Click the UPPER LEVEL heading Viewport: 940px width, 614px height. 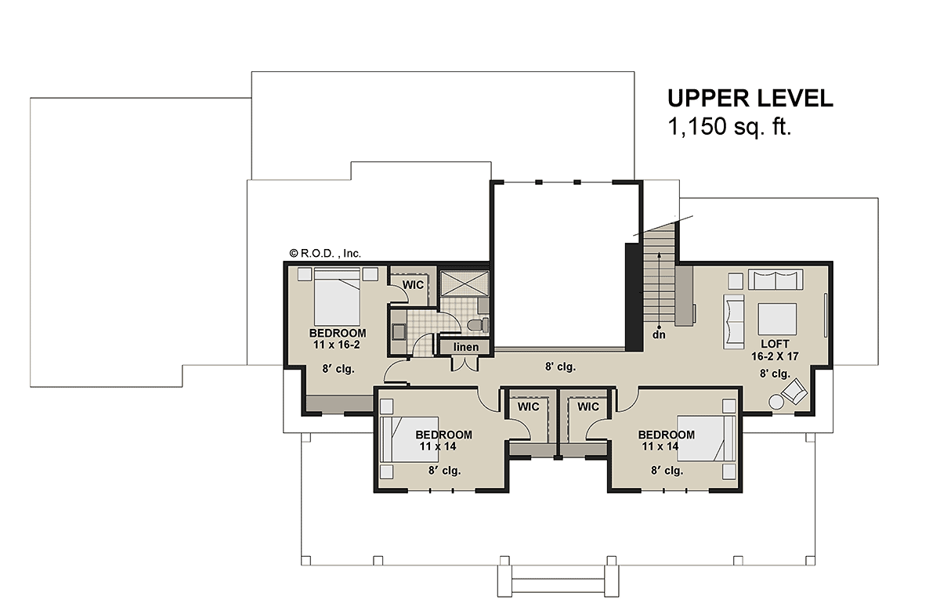[750, 98]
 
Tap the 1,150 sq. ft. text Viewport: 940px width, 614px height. [729, 127]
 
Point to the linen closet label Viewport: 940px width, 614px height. [465, 347]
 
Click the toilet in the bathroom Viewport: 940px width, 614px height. [477, 324]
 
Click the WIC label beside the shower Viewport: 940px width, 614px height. [414, 284]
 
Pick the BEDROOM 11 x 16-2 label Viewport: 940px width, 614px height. [338, 338]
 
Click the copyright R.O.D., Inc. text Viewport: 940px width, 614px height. [324, 253]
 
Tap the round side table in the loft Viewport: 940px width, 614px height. [777, 401]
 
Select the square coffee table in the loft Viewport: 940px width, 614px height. [776, 319]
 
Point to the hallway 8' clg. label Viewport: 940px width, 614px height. [560, 366]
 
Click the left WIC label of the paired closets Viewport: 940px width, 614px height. [529, 406]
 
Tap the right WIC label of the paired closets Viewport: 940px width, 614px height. [588, 406]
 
